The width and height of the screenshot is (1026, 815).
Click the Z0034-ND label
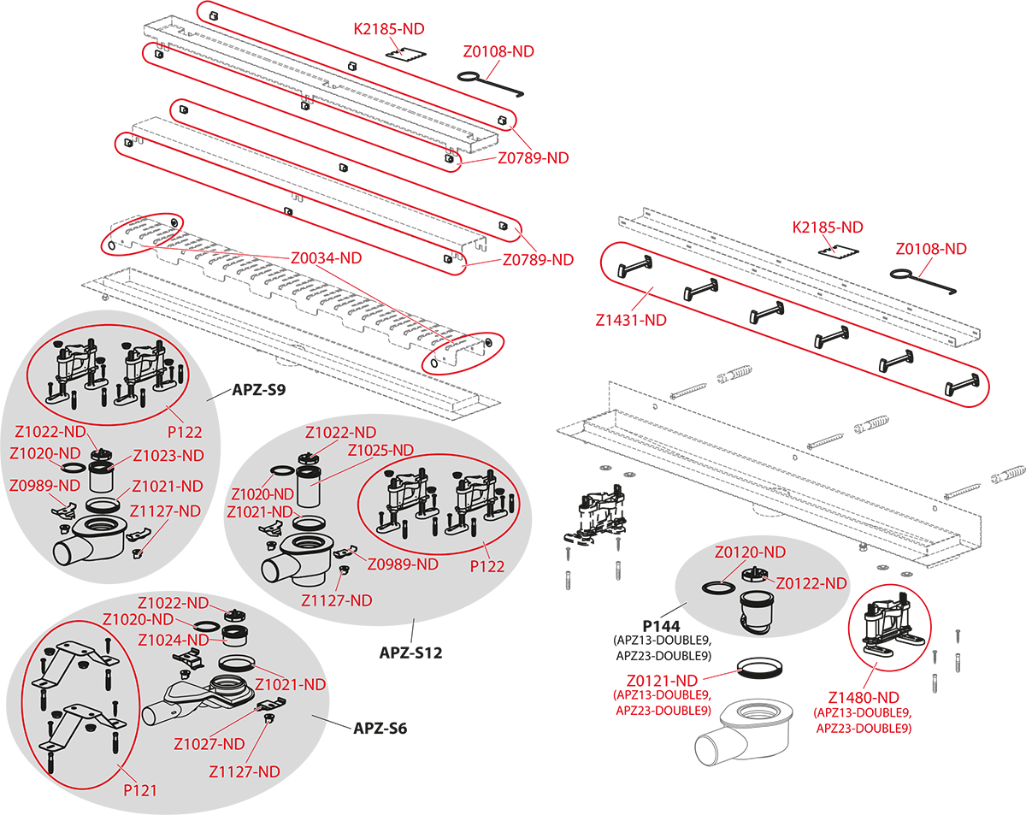[326, 258]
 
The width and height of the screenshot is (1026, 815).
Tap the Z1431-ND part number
[631, 320]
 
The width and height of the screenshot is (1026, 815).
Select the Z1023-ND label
[168, 456]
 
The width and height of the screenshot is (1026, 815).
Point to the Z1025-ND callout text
[380, 450]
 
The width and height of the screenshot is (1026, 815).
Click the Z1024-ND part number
[173, 640]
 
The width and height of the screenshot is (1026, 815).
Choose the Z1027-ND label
[209, 744]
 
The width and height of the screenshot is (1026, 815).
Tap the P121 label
[139, 790]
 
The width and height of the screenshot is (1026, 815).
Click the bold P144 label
[661, 626]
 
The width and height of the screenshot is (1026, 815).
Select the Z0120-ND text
[750, 552]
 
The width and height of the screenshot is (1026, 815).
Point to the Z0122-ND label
[811, 583]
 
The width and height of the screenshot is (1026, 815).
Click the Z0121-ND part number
[662, 681]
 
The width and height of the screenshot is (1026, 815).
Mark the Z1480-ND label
[864, 698]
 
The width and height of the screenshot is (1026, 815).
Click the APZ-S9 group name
[259, 390]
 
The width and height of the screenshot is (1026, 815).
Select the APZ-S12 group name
[410, 653]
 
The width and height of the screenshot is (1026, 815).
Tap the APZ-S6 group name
[380, 729]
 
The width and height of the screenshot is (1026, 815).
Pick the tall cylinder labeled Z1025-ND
[309, 487]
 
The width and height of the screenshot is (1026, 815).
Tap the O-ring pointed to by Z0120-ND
[718, 587]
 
